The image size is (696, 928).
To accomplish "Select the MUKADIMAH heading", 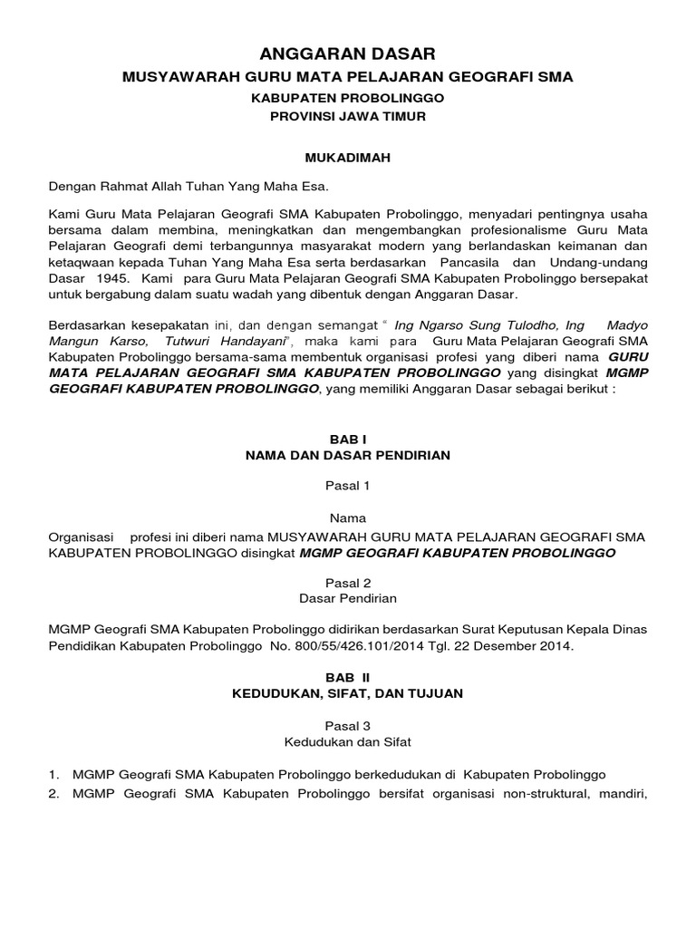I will pos(348,157).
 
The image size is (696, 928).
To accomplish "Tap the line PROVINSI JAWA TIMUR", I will pos(348,117).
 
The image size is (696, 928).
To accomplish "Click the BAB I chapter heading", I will pos(348,438).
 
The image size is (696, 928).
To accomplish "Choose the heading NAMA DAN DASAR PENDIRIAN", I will pos(348,455).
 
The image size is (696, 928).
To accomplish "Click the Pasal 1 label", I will pos(348,486).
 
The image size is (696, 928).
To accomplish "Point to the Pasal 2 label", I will pos(348,582).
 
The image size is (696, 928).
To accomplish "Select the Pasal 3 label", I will pos(348,725).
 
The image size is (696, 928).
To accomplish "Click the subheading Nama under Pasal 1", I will pos(348,518).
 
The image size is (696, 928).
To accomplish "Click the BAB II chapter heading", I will pos(348,677).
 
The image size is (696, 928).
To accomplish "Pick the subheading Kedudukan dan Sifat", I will pos(348,742).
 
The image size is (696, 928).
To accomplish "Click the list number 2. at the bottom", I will pos(54,795).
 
